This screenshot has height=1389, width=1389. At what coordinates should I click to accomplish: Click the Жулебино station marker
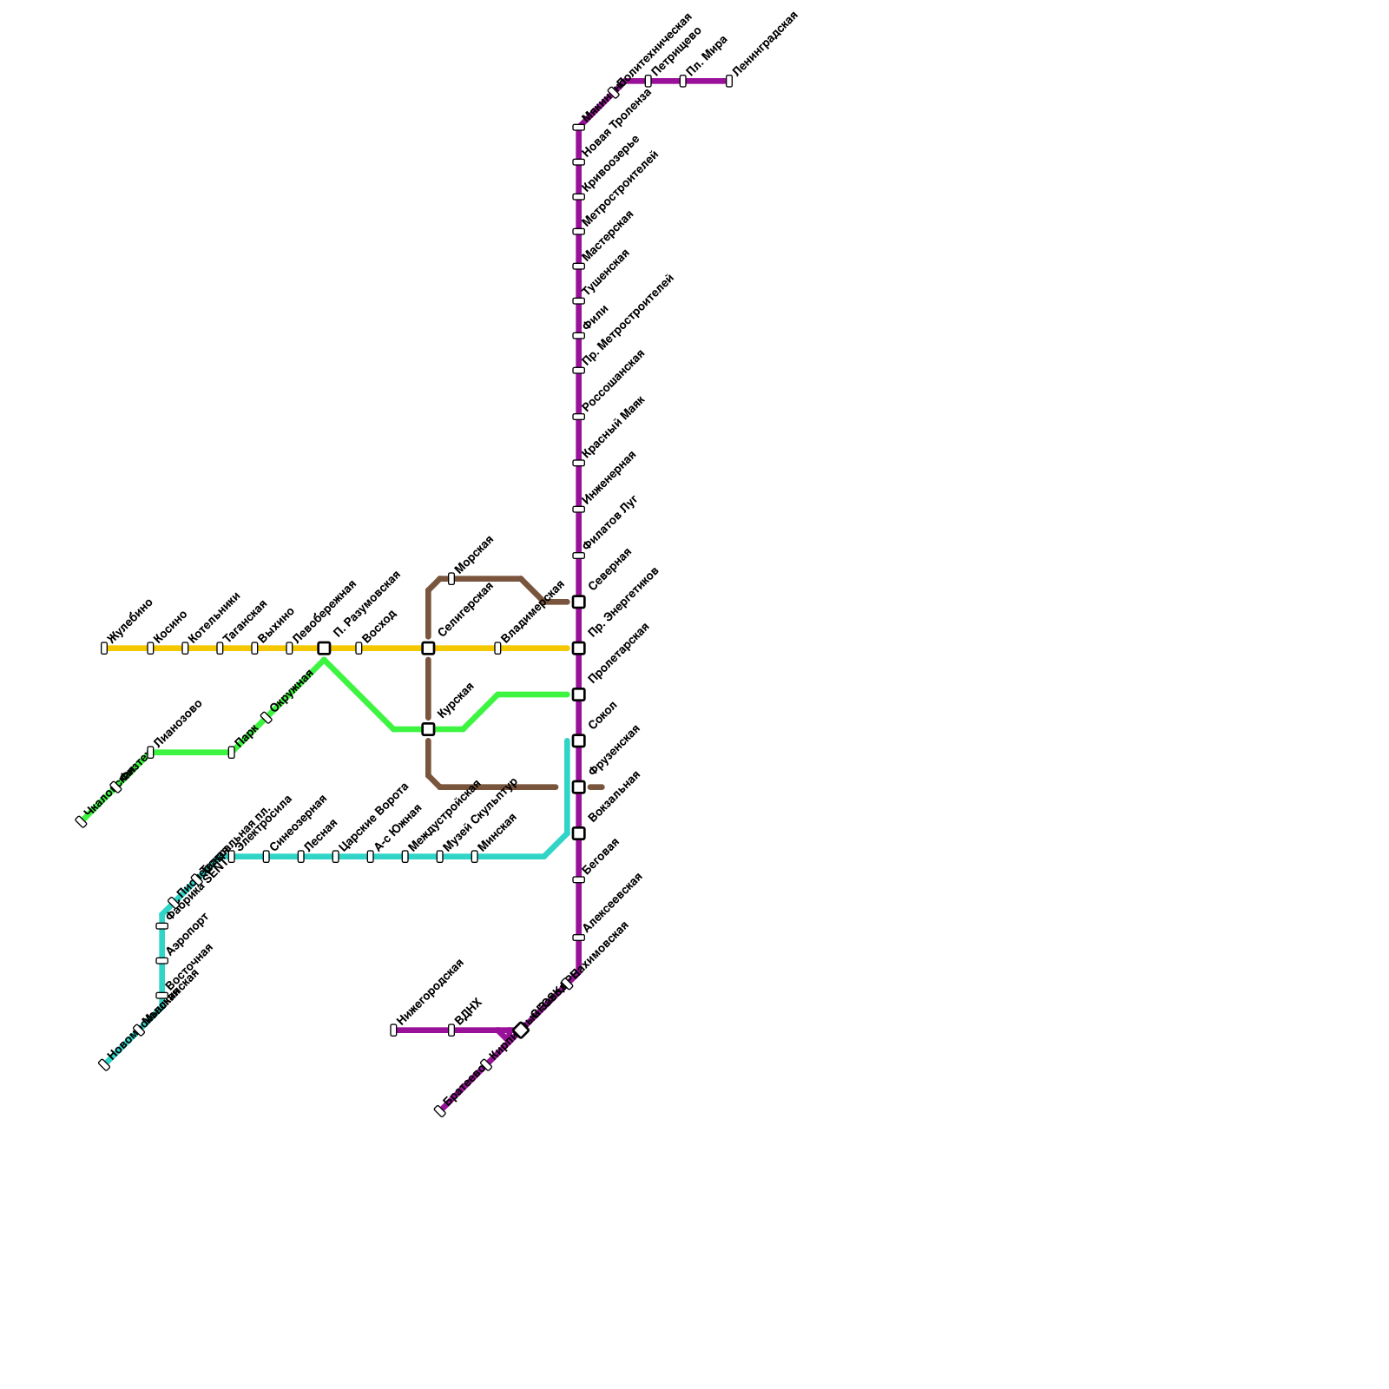click(x=104, y=648)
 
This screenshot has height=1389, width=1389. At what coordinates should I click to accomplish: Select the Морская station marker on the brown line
click(x=451, y=578)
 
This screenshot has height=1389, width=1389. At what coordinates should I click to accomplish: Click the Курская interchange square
click(x=428, y=729)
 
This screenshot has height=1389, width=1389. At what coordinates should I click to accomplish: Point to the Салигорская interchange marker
click(x=428, y=648)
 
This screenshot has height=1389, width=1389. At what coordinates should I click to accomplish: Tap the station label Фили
click(x=596, y=317)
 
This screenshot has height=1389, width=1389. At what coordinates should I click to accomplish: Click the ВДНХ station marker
click(x=451, y=1030)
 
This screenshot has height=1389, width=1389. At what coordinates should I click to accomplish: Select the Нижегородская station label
click(x=431, y=991)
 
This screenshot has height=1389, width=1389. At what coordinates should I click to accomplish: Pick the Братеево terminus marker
click(x=440, y=1110)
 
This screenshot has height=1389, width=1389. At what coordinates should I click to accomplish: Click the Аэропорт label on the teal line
click(x=188, y=933)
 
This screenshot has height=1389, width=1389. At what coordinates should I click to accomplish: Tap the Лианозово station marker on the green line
click(x=151, y=752)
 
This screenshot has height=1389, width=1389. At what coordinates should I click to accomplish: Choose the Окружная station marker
click(x=267, y=717)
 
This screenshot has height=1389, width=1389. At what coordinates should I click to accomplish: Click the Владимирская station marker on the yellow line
click(x=497, y=648)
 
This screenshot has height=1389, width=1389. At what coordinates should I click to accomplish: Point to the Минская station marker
click(x=474, y=857)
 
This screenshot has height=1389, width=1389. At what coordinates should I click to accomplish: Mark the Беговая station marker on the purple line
click(x=578, y=879)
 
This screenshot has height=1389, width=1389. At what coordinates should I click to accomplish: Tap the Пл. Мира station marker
click(x=682, y=81)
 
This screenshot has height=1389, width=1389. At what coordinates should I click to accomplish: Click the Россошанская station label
click(x=614, y=380)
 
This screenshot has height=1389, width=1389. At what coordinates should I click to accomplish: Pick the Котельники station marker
click(x=185, y=648)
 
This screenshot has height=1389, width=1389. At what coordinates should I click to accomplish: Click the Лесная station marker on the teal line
click(x=300, y=857)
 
